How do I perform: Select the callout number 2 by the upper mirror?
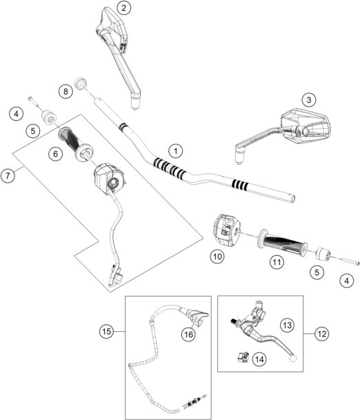pos(123,9)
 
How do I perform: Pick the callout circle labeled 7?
pos(8,176)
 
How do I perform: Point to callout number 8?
pos(66,91)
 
